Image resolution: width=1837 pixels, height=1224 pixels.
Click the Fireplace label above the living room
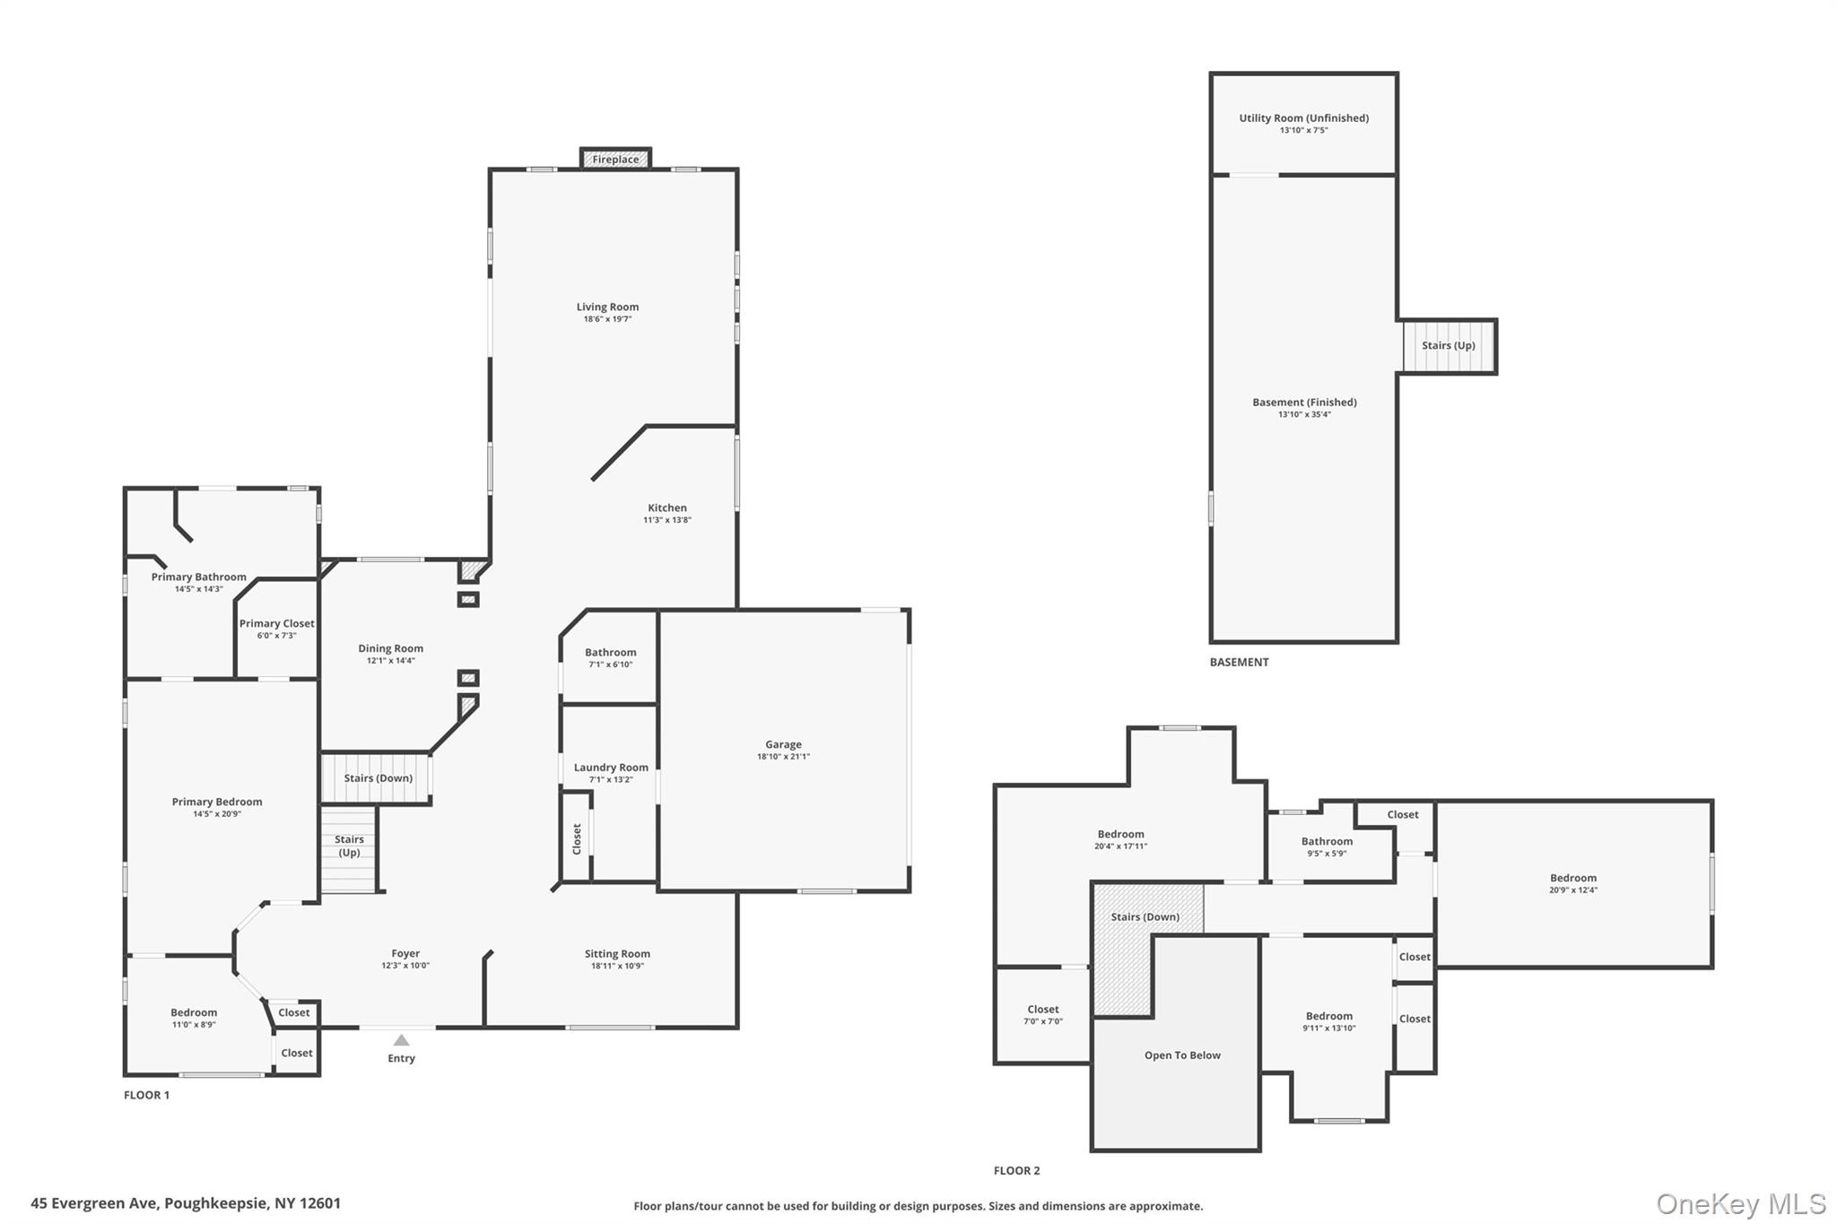pos(615,160)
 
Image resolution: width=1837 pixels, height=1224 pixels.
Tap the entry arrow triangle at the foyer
pos(402,1040)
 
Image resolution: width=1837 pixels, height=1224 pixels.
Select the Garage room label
pos(783,744)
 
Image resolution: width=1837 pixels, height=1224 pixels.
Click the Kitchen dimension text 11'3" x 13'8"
pos(667,520)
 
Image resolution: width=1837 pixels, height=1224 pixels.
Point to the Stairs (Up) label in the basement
pos(1449,345)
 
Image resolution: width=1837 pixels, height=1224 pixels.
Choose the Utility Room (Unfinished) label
pos(1304,118)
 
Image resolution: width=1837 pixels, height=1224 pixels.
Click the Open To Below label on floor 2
pos(1182,1055)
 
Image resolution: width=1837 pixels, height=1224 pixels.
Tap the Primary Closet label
pos(277,623)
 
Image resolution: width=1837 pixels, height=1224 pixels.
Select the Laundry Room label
pos(611,768)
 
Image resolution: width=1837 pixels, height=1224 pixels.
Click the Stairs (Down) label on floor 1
pos(379,778)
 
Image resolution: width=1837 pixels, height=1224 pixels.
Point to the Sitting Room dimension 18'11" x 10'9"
pos(617,967)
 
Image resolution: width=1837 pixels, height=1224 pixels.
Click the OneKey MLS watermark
pos(1741,1203)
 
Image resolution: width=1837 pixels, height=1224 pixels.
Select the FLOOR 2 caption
pos(1017,1170)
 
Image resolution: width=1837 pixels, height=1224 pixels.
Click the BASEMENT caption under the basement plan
pos(1240,662)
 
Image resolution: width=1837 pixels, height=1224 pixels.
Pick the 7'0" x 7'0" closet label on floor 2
pos(1043,1021)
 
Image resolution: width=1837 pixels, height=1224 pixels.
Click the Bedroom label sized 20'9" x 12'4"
pos(1573,878)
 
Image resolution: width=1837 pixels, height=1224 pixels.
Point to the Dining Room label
pos(390,648)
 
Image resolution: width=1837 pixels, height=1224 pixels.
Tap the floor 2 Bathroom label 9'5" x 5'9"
pos(1327,841)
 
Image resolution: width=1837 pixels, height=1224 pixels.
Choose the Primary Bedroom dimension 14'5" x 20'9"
pos(217,814)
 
